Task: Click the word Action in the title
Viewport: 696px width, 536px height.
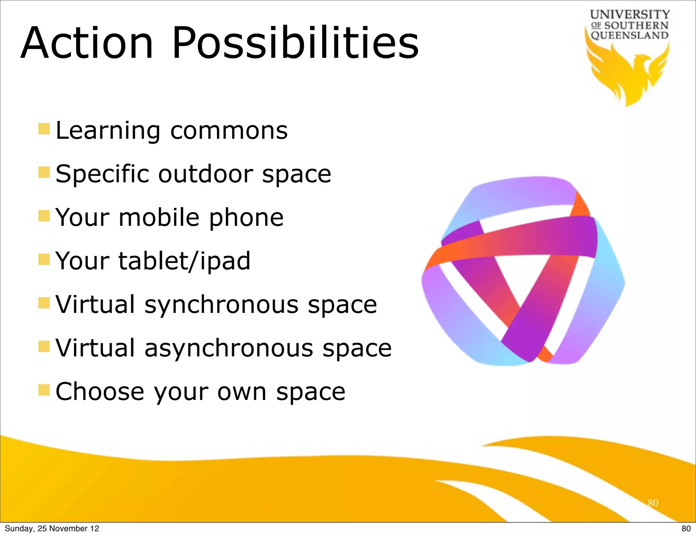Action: [87, 43]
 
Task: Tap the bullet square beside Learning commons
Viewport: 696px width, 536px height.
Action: [44, 129]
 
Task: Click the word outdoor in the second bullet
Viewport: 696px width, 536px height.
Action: [205, 174]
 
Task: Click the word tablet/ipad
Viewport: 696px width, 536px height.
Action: [184, 261]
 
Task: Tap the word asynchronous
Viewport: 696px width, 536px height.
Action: [228, 348]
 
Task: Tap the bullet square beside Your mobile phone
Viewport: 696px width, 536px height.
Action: [44, 216]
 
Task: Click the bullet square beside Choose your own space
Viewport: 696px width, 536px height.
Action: [44, 390]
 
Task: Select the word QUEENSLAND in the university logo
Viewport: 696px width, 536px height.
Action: [629, 35]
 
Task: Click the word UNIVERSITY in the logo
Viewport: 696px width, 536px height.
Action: [629, 14]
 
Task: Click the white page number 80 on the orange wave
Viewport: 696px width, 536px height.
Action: [653, 503]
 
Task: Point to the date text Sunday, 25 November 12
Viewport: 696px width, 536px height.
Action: [52, 529]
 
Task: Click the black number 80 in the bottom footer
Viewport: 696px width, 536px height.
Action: [686, 529]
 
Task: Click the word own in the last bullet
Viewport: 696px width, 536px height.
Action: [242, 392]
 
